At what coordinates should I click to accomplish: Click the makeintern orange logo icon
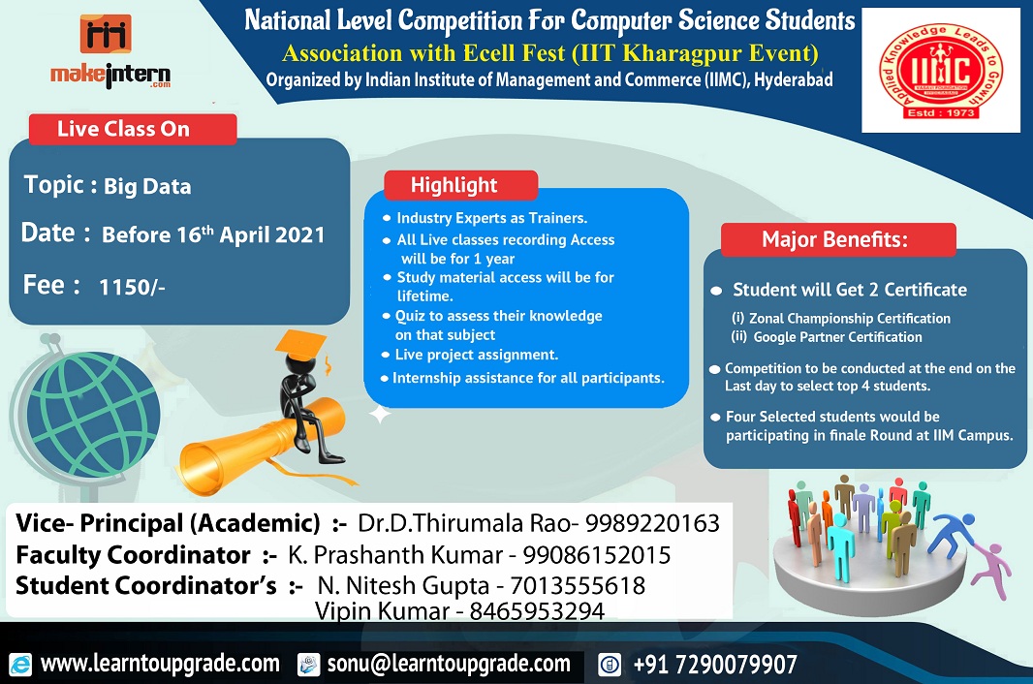click(x=106, y=34)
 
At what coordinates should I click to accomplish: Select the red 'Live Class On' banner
click(x=133, y=129)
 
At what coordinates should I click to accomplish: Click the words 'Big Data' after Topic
click(x=147, y=186)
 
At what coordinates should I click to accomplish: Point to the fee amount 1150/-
click(x=132, y=288)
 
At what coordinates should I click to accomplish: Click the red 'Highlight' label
click(x=461, y=185)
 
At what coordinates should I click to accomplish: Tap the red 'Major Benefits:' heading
click(x=838, y=239)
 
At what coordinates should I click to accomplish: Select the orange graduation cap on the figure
click(x=301, y=345)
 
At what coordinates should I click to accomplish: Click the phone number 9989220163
click(x=652, y=523)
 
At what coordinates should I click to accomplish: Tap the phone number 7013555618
click(x=578, y=585)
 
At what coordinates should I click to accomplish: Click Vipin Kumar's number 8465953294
click(x=537, y=611)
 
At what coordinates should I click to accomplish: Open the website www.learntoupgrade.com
click(x=160, y=664)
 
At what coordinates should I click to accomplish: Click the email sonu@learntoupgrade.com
click(x=449, y=664)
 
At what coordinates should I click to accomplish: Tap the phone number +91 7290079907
click(x=715, y=665)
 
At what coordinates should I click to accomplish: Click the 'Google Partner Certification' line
click(x=837, y=337)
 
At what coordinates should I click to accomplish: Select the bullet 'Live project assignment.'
click(x=477, y=355)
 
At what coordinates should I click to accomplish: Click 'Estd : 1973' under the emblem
click(x=941, y=112)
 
